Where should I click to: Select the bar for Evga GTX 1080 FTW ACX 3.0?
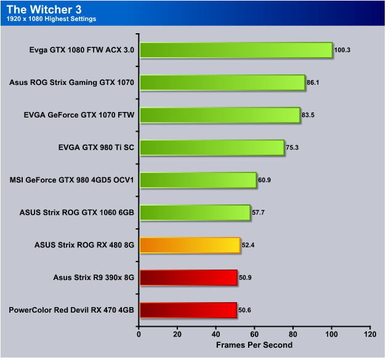click(x=236, y=50)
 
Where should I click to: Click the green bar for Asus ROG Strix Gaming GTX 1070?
click(x=222, y=82)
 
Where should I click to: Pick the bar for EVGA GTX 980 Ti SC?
click(x=212, y=148)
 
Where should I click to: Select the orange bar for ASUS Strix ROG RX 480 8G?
click(x=190, y=246)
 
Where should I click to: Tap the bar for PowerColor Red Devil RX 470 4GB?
click(x=188, y=310)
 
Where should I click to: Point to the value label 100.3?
click(x=342, y=50)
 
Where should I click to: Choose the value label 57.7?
click(x=260, y=213)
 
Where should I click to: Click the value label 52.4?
click(x=249, y=246)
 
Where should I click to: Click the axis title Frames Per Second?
click(x=254, y=345)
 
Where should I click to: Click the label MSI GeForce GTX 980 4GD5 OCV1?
click(x=73, y=180)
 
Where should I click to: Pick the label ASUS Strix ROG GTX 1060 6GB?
click(x=77, y=213)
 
